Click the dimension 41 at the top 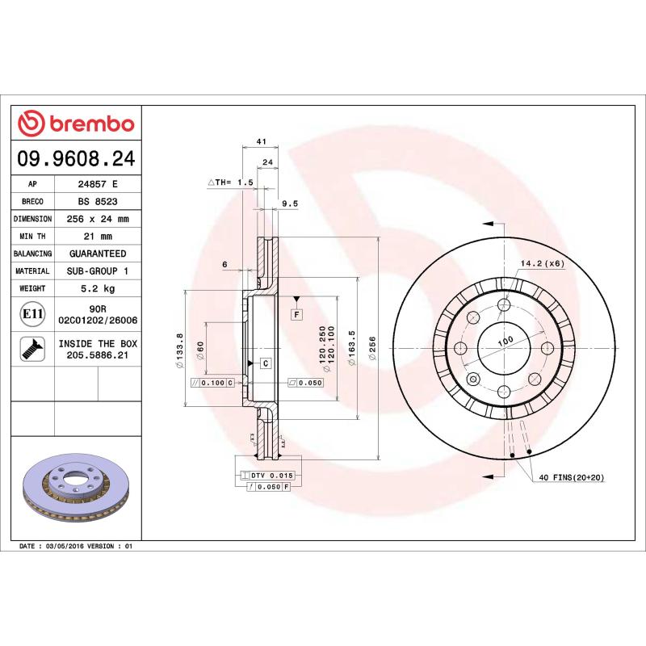tap(261, 141)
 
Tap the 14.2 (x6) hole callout tap(541, 263)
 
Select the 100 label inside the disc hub tap(505, 342)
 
